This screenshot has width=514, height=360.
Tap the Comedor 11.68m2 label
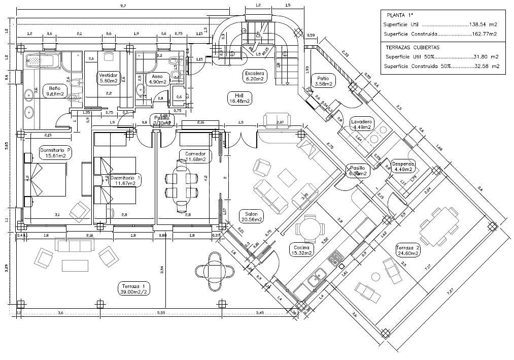tap(195, 156)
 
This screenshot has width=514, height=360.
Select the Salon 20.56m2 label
tap(252, 217)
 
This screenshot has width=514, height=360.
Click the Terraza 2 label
tap(408, 250)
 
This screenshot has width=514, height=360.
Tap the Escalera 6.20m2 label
tap(255, 76)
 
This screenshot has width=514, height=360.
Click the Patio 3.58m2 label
tap(324, 81)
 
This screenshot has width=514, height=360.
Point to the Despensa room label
tap(404, 167)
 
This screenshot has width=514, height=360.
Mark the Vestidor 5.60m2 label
tap(109, 77)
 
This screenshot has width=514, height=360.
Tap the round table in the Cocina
tap(310, 227)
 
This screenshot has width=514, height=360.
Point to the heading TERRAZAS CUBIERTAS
tap(413, 47)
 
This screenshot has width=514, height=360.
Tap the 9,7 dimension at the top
tap(122, 6)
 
